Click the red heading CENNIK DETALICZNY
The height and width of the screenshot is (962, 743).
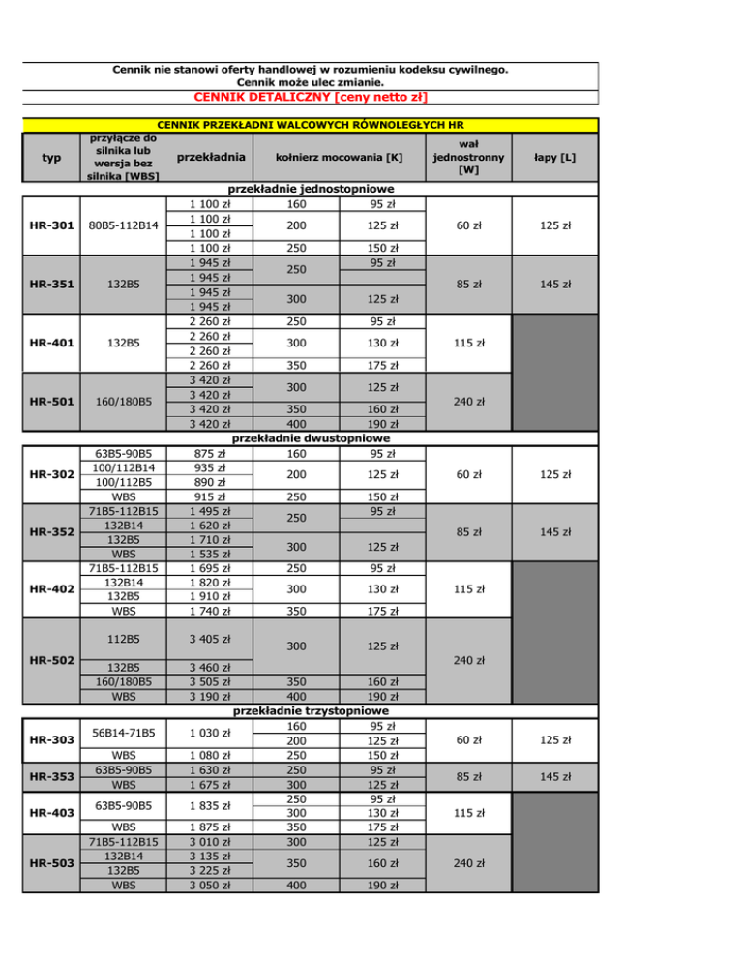point(311,97)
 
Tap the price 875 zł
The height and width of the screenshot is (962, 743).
point(211,452)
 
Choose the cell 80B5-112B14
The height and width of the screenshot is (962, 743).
point(117,225)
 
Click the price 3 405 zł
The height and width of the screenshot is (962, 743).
point(211,638)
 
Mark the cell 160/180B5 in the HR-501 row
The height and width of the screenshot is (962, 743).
point(117,402)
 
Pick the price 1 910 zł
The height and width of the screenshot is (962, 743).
point(211,597)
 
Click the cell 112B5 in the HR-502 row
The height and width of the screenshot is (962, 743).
point(117,638)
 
